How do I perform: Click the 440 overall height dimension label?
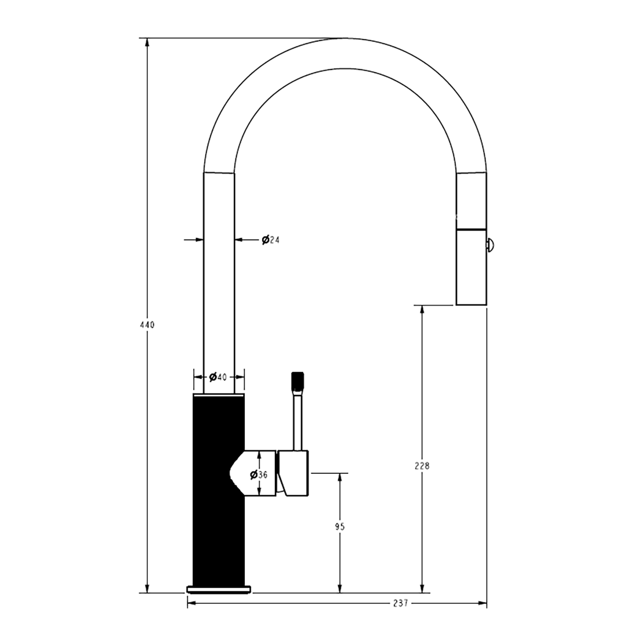pyautogui.click(x=147, y=325)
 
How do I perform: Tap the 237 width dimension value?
pyautogui.click(x=401, y=603)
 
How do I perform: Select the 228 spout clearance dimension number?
pyautogui.click(x=422, y=466)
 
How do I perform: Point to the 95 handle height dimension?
pyautogui.click(x=340, y=527)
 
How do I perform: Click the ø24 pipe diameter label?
pyautogui.click(x=271, y=240)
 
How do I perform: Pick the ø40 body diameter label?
pyautogui.click(x=217, y=377)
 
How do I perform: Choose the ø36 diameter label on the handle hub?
pyautogui.click(x=259, y=474)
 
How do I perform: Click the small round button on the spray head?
pyautogui.click(x=490, y=245)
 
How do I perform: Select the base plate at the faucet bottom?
pyautogui.click(x=219, y=589)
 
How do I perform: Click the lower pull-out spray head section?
pyautogui.click(x=471, y=267)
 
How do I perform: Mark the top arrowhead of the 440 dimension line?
pyautogui.click(x=147, y=43)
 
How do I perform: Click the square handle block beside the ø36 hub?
pyautogui.click(x=293, y=473)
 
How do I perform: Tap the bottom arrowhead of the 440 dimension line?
pyautogui.click(x=147, y=588)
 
